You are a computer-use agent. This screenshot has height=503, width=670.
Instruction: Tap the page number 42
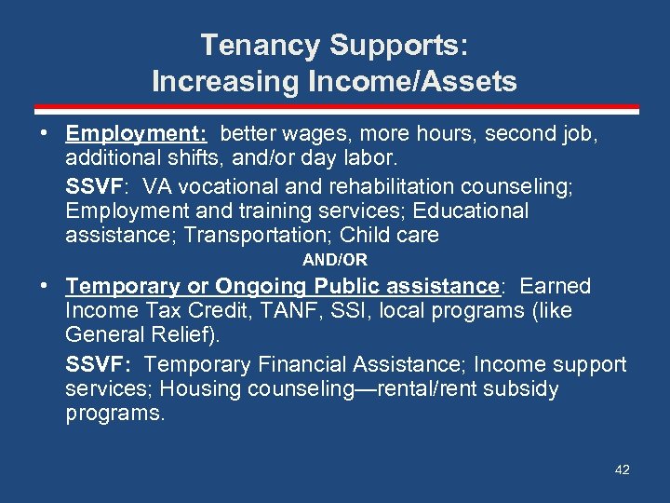click(x=623, y=469)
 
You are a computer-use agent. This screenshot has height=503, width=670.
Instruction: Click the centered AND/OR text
click(x=335, y=260)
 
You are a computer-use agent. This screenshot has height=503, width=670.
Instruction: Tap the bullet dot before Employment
click(x=44, y=134)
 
